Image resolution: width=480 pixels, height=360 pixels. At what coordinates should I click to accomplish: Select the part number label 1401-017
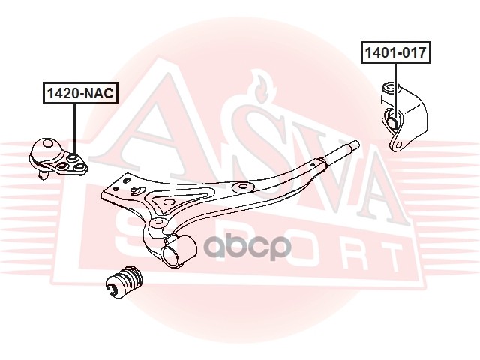coord(395,53)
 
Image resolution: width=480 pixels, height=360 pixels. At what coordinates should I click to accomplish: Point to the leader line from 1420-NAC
coord(74,127)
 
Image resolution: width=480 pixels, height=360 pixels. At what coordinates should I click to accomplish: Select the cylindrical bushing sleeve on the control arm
coord(178,249)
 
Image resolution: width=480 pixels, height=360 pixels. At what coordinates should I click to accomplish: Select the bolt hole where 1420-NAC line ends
coord(73,157)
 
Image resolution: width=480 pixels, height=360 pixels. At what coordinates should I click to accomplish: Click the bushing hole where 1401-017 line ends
coord(393,117)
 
